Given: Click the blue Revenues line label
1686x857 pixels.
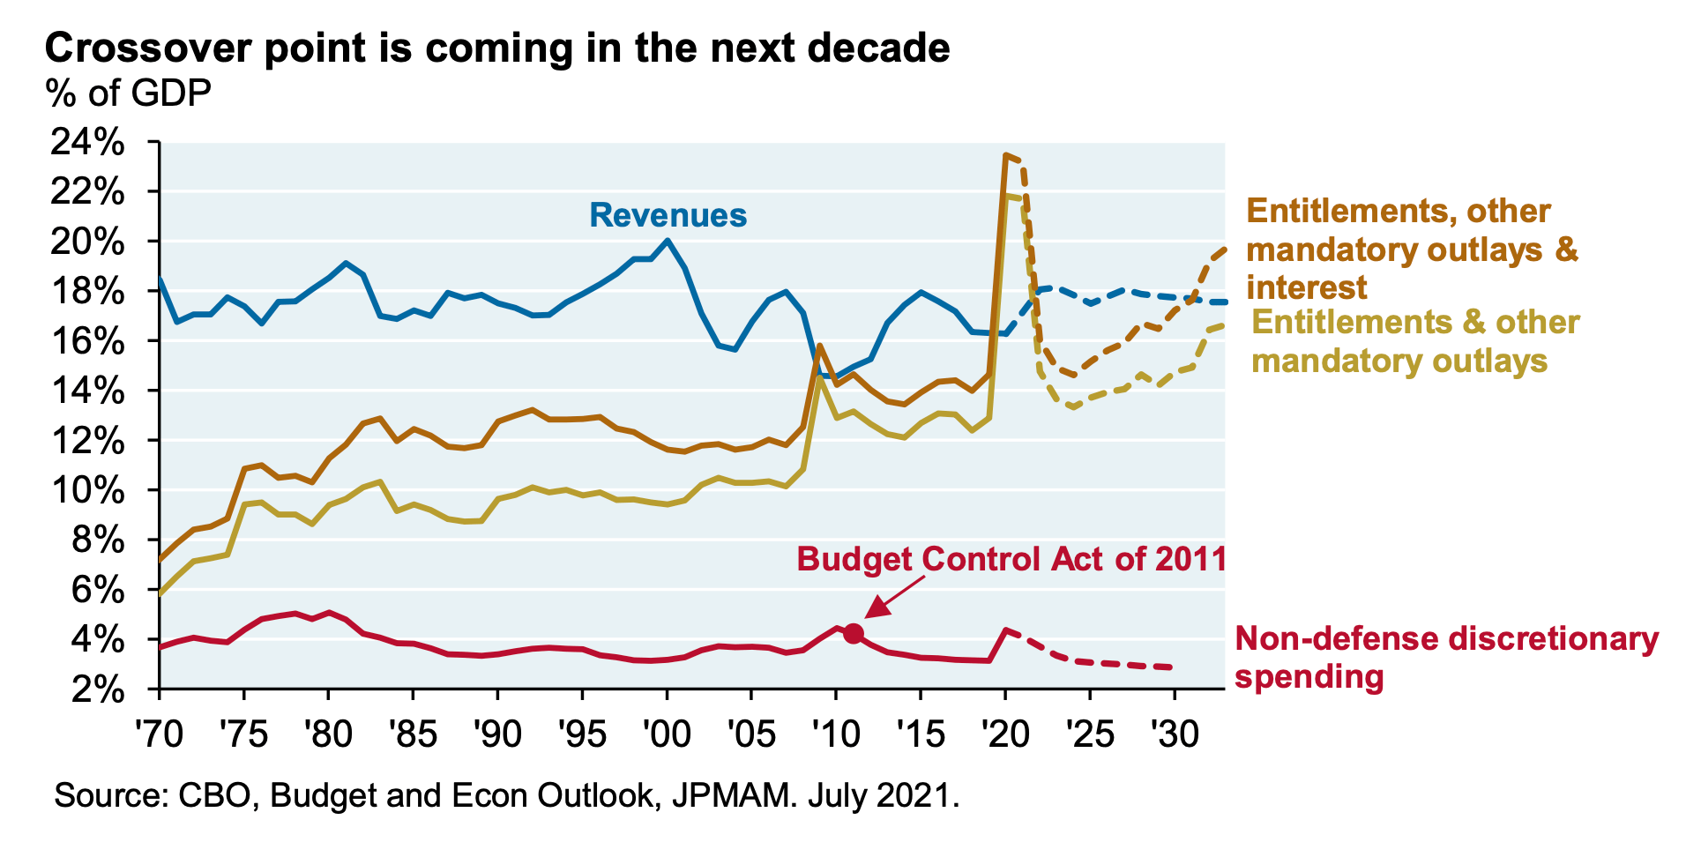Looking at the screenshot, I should (668, 215).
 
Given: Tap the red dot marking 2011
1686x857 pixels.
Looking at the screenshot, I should (853, 633).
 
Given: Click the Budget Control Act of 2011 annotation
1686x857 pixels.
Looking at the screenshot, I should (1011, 559).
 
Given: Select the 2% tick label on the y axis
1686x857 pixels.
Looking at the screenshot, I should (100, 689).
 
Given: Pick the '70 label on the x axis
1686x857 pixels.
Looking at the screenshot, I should (159, 733).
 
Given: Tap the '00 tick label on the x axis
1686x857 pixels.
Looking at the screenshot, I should (667, 733).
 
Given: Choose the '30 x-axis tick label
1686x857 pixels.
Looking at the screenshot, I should (1174, 733).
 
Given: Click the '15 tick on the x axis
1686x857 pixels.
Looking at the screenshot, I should (921, 733).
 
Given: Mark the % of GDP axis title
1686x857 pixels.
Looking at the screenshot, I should (129, 93).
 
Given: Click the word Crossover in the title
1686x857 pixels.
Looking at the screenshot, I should (149, 48).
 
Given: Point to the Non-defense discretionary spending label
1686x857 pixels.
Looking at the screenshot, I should (1446, 658).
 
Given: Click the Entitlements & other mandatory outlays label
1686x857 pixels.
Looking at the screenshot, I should (1414, 341).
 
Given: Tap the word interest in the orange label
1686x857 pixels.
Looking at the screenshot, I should (1307, 287).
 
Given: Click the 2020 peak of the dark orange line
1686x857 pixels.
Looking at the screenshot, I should (1005, 155).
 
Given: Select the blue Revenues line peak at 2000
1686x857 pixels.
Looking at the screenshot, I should (668, 240).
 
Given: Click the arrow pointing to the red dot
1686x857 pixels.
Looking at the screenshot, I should (895, 598).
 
